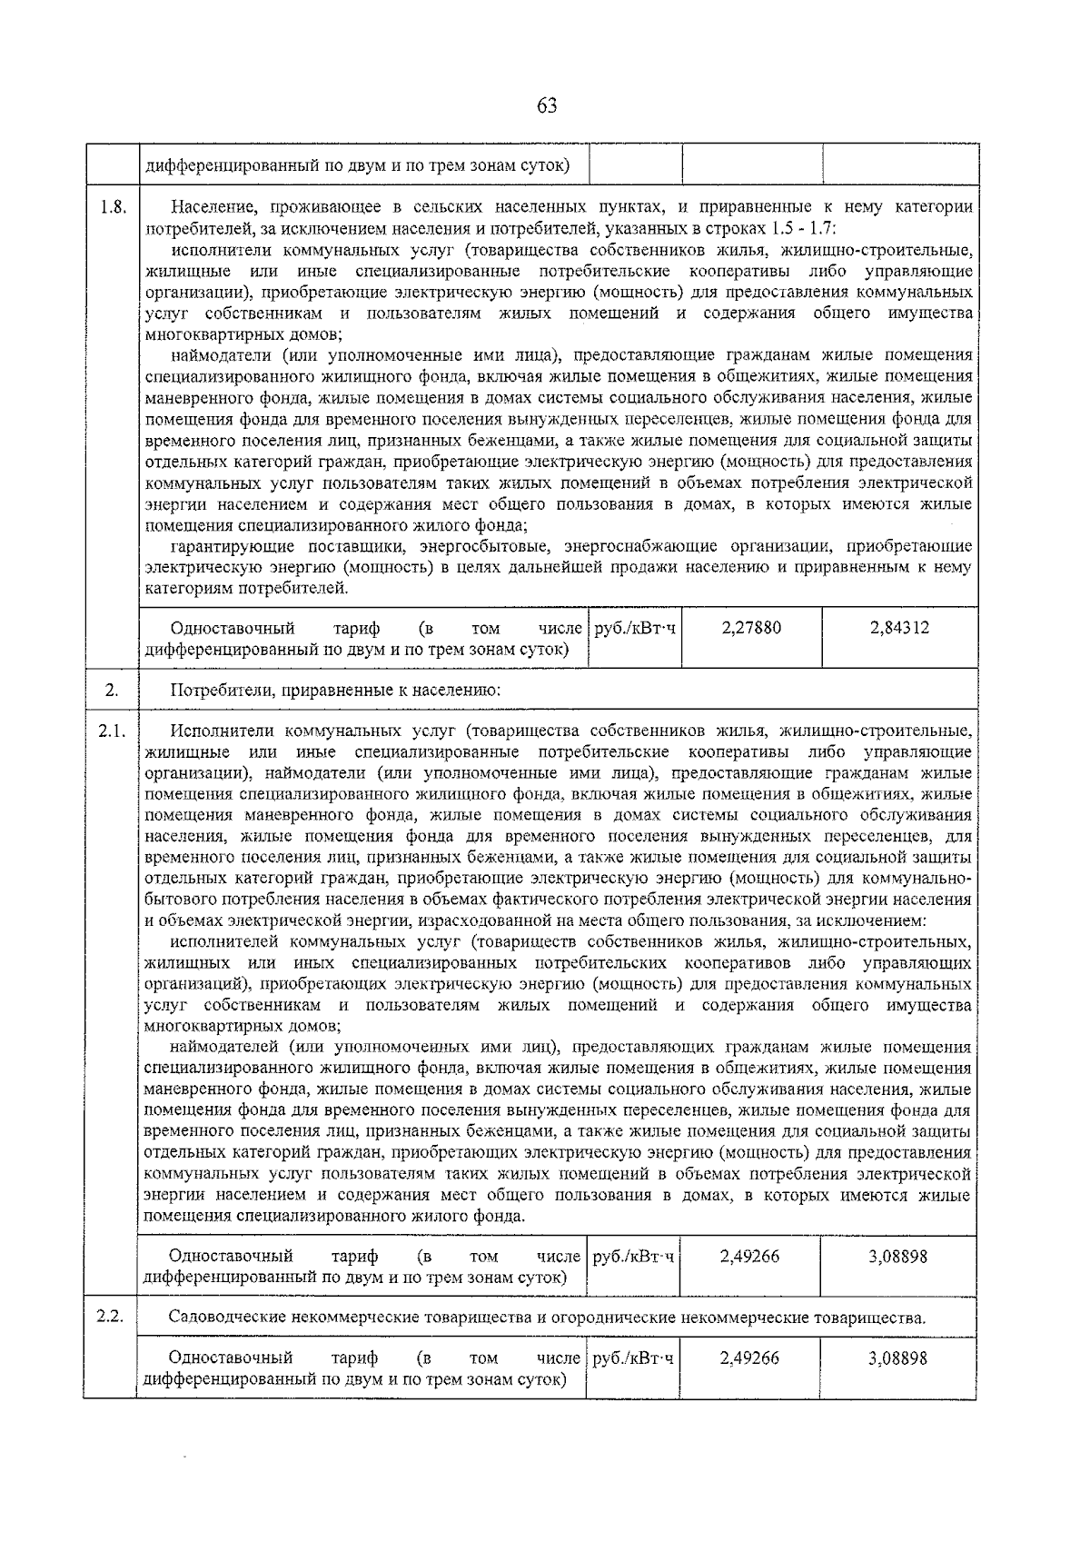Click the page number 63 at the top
546,106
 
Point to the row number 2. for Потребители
111,691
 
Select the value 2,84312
899,628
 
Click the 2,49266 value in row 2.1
749,1257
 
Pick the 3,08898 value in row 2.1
897,1257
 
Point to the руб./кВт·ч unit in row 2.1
634,1257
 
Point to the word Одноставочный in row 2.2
231,1358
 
